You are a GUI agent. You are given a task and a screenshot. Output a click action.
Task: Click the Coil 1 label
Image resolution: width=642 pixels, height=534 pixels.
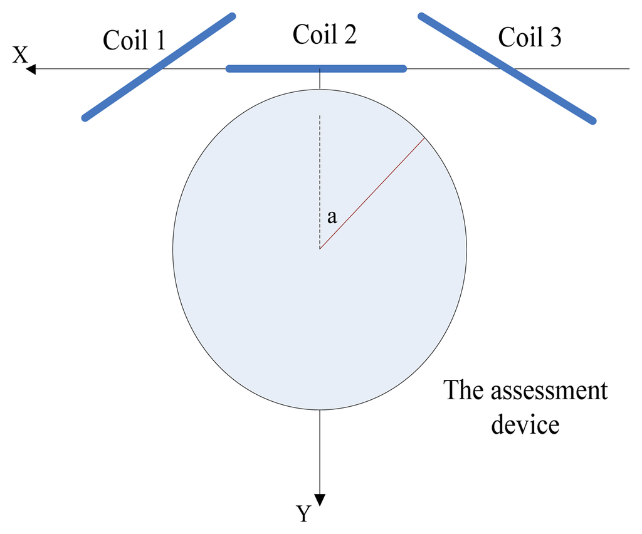(134, 40)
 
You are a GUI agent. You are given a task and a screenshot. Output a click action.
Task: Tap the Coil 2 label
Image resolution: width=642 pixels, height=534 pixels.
(325, 34)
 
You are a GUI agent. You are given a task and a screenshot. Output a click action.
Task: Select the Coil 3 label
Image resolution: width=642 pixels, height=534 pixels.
(530, 38)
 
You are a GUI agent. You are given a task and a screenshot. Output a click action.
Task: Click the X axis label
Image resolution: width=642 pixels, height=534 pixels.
(20, 56)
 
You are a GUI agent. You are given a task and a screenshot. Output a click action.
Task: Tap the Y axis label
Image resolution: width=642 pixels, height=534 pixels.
(303, 514)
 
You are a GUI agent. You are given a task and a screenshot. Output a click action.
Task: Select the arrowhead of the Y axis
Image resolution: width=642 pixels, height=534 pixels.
(320, 499)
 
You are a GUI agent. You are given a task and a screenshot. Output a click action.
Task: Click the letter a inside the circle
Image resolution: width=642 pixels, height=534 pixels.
(332, 217)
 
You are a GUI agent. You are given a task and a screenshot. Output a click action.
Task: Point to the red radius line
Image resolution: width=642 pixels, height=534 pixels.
(372, 194)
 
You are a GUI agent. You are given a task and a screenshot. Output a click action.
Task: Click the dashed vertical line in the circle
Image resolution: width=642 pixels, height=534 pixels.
(320, 182)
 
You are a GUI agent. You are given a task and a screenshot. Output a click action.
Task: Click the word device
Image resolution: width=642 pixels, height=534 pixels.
(525, 424)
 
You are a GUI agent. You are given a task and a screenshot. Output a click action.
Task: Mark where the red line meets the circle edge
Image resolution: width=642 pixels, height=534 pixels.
(424, 139)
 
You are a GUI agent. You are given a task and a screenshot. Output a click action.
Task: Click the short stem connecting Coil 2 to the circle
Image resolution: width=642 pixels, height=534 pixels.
(320, 80)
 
